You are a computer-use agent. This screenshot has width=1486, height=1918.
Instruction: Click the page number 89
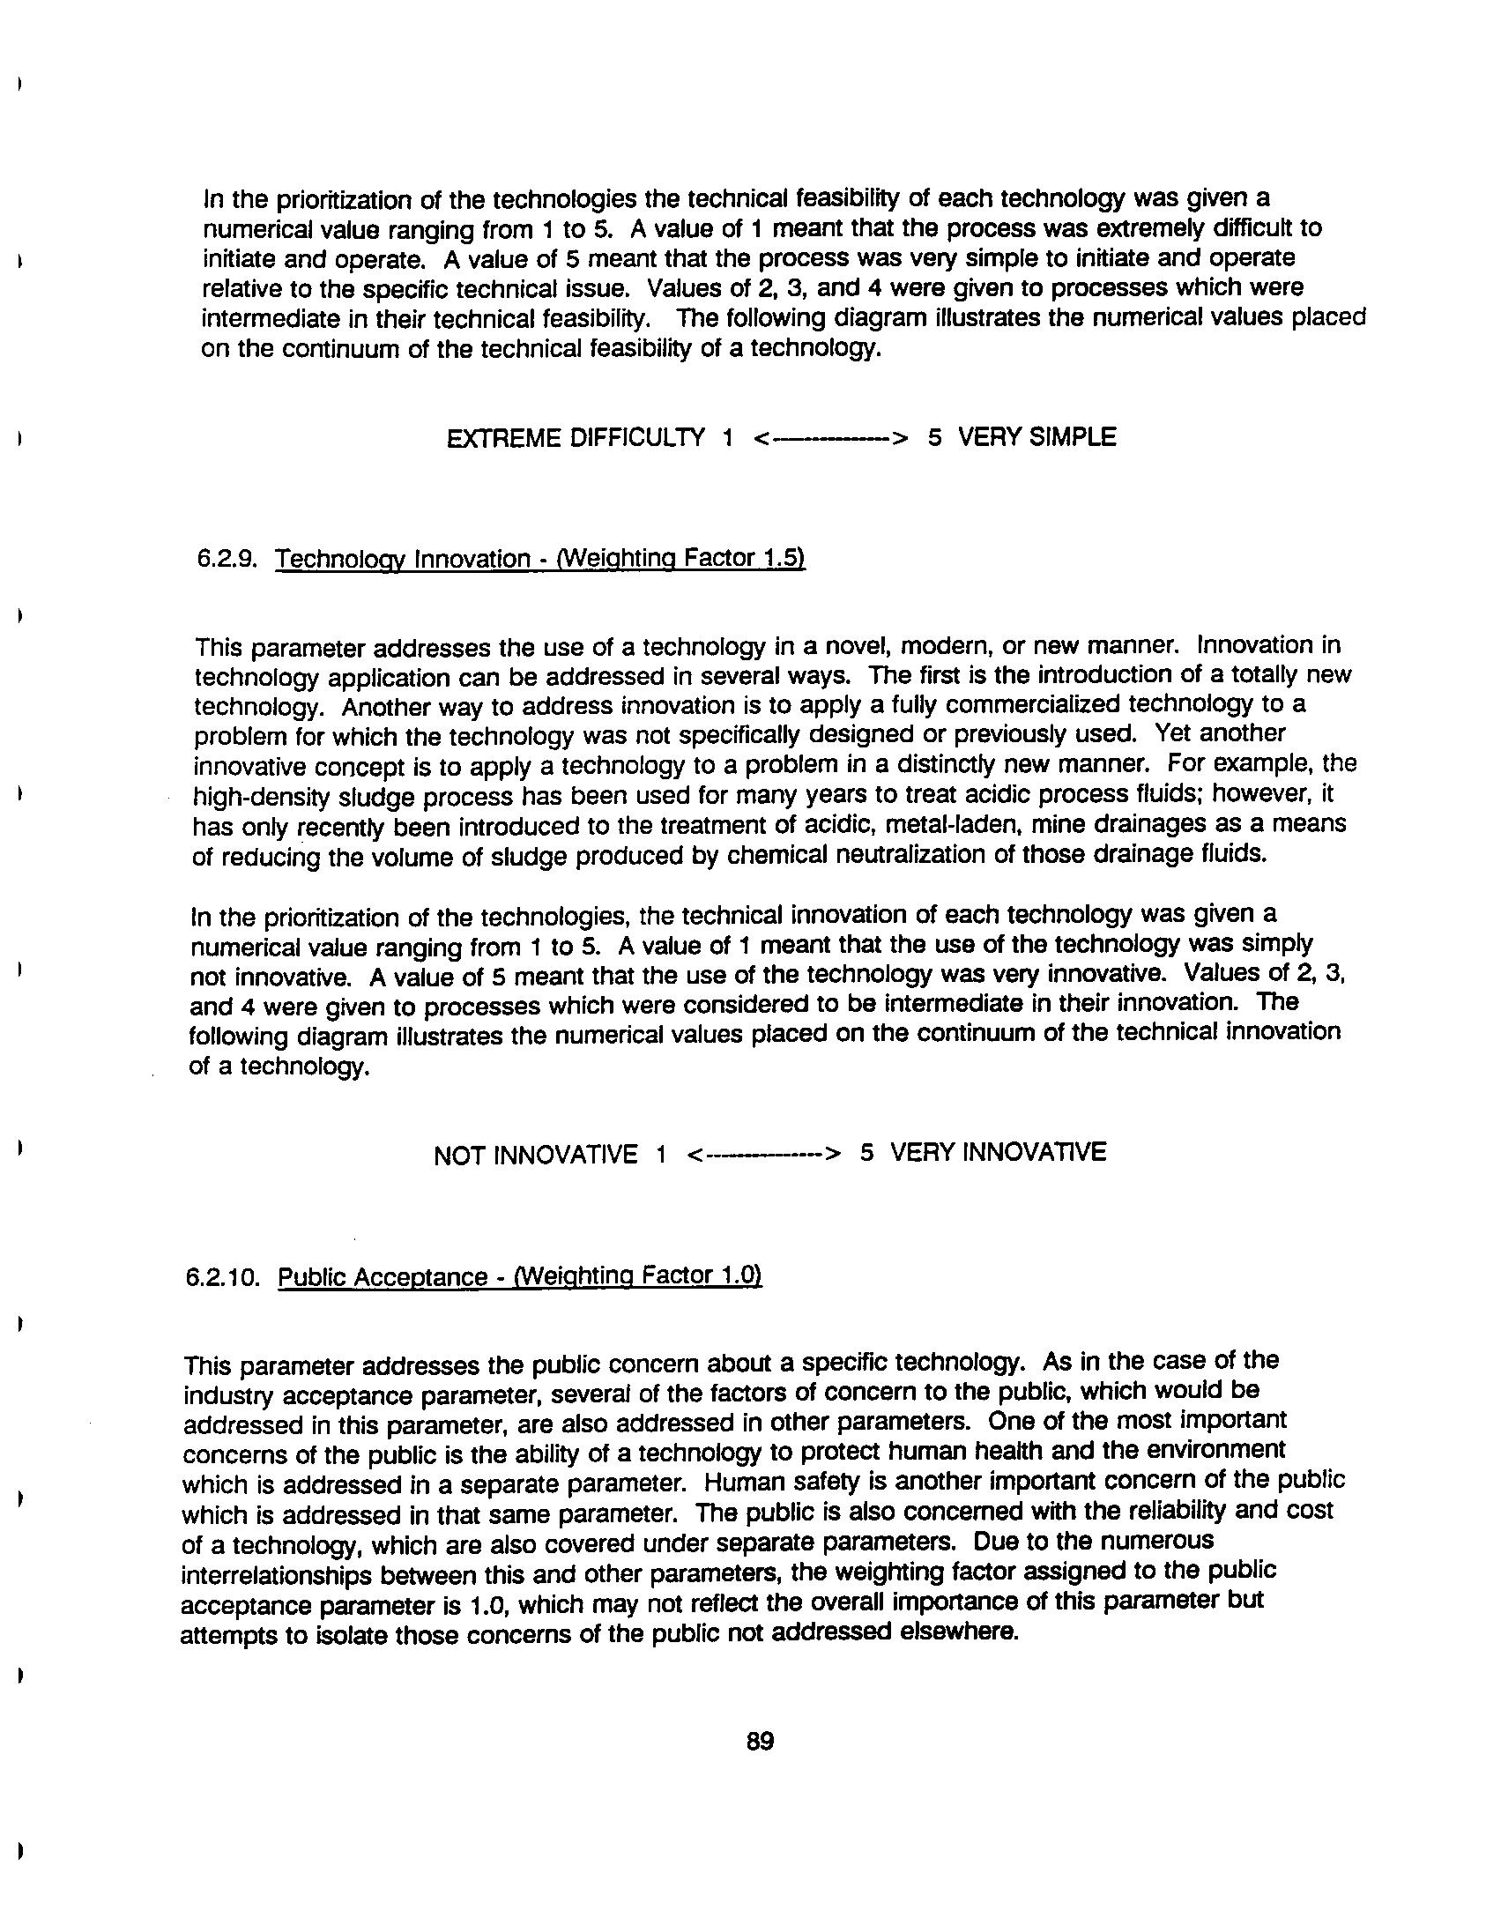(x=759, y=1741)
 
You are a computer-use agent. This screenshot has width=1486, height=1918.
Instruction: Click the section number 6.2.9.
(x=226, y=559)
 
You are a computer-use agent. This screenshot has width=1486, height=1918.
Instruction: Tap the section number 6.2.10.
(x=222, y=1277)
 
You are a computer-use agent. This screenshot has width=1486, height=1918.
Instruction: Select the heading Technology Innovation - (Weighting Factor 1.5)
(x=539, y=559)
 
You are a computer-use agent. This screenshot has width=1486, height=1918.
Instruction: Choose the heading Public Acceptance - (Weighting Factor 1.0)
(x=519, y=1277)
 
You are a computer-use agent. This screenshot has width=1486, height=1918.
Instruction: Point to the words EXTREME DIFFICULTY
(x=576, y=438)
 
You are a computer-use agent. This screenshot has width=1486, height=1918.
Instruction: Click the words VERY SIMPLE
(x=1036, y=437)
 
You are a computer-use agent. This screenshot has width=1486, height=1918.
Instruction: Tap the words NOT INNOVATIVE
(x=535, y=1155)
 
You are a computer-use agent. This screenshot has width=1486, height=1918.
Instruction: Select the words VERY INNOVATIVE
(x=998, y=1152)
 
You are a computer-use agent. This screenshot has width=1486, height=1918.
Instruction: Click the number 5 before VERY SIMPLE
(x=934, y=437)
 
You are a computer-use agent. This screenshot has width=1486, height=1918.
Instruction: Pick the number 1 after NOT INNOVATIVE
(x=660, y=1155)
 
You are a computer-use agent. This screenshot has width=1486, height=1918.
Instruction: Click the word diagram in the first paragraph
(x=850, y=318)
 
